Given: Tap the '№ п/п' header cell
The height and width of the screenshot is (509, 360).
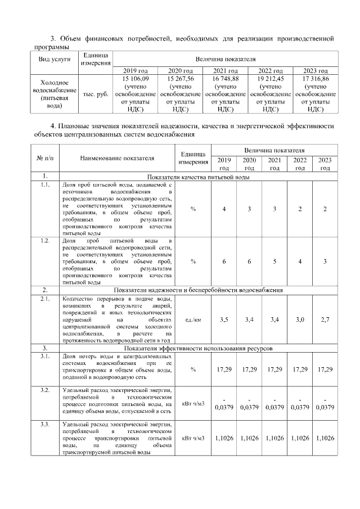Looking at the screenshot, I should click(x=44, y=158).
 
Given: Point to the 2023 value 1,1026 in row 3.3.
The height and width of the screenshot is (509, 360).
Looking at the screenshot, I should click(x=325, y=438).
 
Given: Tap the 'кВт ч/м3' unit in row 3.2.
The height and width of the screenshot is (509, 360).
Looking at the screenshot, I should click(x=193, y=403).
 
